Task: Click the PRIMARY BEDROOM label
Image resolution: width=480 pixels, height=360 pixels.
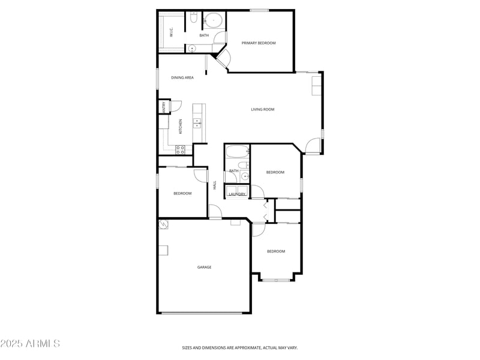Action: coord(259,43)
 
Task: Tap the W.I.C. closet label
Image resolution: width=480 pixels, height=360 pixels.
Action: coord(171,33)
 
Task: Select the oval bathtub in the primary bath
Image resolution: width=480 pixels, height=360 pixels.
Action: coord(213,21)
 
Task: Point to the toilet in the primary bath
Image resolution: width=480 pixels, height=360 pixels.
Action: coord(193,19)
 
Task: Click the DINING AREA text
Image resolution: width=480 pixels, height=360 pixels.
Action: coord(182,77)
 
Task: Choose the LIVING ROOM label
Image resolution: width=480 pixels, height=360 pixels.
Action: coord(263,109)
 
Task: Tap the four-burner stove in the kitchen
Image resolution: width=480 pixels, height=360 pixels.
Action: coord(180,149)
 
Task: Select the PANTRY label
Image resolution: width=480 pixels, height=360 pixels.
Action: coord(164,108)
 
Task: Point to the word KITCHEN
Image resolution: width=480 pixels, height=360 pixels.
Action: coord(180,127)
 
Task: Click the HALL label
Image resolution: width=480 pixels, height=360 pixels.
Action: coord(214,186)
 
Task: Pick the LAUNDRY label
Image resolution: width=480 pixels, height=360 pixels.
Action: coord(237,194)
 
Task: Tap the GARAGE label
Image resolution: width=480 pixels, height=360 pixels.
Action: coord(205,267)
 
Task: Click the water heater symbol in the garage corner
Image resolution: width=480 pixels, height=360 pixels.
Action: coord(164,224)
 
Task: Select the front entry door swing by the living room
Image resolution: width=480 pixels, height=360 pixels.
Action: coord(312,146)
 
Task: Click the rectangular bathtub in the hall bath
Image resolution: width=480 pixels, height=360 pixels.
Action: coord(236,151)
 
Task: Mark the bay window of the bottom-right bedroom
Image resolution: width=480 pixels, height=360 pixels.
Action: coord(276,279)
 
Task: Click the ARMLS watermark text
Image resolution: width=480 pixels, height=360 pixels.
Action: coord(30,344)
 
